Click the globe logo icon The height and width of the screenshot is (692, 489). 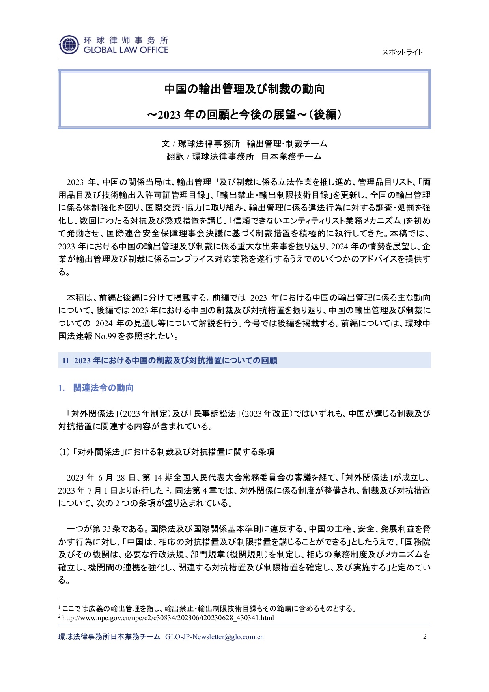pos(69,45)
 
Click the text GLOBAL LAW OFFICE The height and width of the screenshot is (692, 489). pos(126,50)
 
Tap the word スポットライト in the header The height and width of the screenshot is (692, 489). pos(402,52)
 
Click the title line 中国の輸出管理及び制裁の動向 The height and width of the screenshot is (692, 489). pos(244,89)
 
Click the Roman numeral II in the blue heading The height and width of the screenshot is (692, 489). pos(66,361)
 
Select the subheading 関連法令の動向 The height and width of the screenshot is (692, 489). pos(103,388)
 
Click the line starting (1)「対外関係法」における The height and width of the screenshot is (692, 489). pos(166,452)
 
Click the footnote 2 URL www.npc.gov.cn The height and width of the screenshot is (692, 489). pos(168,618)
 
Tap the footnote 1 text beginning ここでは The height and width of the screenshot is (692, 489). pos(209,608)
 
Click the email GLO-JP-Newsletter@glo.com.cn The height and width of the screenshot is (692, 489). pos(215,637)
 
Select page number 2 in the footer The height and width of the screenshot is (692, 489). pos(425,636)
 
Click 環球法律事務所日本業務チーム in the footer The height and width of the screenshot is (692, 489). pos(109,637)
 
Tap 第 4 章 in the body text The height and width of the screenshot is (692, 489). pos(205,491)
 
